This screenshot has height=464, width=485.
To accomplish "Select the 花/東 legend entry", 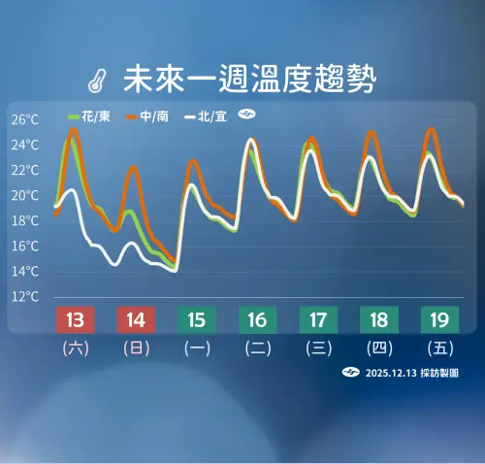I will tap(89, 116).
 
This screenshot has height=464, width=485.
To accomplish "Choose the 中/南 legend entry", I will tap(147, 116).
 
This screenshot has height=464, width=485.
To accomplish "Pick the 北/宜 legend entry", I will tap(206, 116).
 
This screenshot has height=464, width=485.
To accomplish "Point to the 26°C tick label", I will tap(25, 120).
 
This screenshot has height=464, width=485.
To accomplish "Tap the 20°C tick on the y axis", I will tap(25, 195).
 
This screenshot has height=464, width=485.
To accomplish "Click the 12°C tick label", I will tap(25, 296).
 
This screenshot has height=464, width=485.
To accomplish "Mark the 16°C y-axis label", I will tap(25, 246).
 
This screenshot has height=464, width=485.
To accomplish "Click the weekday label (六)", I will tap(75, 348).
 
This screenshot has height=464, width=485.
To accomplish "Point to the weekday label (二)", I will tap(256, 348).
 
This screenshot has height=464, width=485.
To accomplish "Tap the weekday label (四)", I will tap(377, 348).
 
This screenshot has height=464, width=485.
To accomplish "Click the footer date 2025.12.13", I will tap(388, 373).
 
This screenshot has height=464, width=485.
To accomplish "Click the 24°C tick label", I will tap(25, 146).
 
